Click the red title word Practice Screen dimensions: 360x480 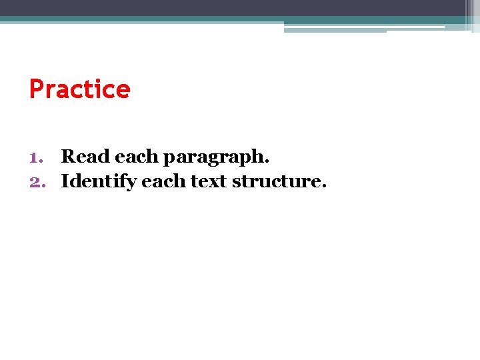[x=79, y=89]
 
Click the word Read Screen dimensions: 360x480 [x=85, y=157]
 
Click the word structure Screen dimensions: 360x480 [x=279, y=181]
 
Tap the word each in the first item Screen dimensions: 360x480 [x=138, y=157]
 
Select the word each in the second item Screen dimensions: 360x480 [x=163, y=181]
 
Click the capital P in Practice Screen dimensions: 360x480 [x=37, y=89]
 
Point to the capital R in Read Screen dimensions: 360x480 [x=68, y=157]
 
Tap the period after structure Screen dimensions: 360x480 [x=325, y=187]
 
